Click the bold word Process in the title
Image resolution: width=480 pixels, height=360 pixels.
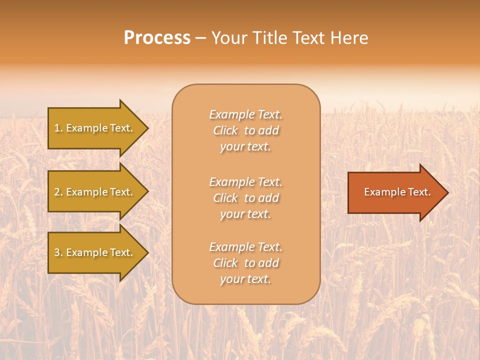157,38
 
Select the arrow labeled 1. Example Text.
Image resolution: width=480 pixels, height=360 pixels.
95,128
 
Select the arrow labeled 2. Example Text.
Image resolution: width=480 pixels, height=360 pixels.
95,192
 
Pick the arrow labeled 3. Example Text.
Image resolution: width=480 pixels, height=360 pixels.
95,252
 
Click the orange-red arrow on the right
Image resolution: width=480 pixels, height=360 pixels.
395,192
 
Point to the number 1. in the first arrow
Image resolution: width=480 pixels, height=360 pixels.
58,128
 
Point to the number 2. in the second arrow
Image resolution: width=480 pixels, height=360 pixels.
58,192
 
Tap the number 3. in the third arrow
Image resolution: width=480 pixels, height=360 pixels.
58,252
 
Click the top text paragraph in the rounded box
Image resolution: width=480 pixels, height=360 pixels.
245,130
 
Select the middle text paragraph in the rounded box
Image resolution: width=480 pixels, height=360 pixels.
245,198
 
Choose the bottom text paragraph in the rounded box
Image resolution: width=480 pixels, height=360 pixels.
245,263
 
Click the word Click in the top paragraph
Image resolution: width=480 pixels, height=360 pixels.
225,130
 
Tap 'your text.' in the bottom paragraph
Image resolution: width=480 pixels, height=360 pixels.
245,279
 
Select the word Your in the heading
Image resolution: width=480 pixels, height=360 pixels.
229,38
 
